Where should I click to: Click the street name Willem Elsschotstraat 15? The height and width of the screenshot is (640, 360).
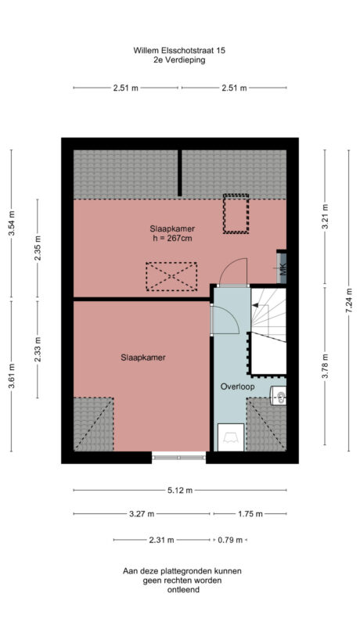180,49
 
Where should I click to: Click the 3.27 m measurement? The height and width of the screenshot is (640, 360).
142,514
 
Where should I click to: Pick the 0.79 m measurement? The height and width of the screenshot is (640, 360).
230,540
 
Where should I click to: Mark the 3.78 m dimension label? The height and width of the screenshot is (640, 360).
326,369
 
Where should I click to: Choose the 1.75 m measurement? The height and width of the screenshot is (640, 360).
249,514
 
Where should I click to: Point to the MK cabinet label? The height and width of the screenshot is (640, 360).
282,268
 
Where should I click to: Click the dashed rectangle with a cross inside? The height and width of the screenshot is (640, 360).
171,276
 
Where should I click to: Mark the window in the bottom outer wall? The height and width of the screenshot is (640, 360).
179,456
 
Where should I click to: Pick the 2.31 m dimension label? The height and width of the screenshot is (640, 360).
163,540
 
